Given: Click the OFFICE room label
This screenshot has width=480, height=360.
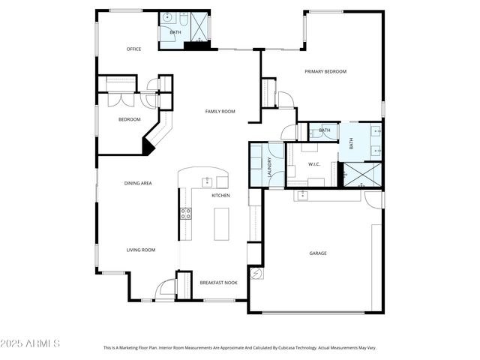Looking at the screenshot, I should pos(133,49).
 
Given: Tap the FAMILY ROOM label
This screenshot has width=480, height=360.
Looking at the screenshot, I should pos(220,111).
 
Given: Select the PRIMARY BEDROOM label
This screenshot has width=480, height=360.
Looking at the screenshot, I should pos(325,71).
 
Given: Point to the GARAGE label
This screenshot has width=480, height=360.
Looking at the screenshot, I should pos(318,253).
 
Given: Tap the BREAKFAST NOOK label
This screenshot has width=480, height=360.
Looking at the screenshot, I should pos(219,283).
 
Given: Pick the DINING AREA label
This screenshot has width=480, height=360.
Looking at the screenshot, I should pos(138,183).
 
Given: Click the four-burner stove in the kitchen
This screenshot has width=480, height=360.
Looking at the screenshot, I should pos(185,214).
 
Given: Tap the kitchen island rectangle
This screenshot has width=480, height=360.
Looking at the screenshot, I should pos(220,223).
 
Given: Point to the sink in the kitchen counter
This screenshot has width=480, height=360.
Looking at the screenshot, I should pos(207,181).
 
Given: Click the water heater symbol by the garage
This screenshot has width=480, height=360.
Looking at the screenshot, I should pos(256,274).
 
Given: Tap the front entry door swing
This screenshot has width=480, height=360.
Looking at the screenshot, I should pos(166,289).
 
